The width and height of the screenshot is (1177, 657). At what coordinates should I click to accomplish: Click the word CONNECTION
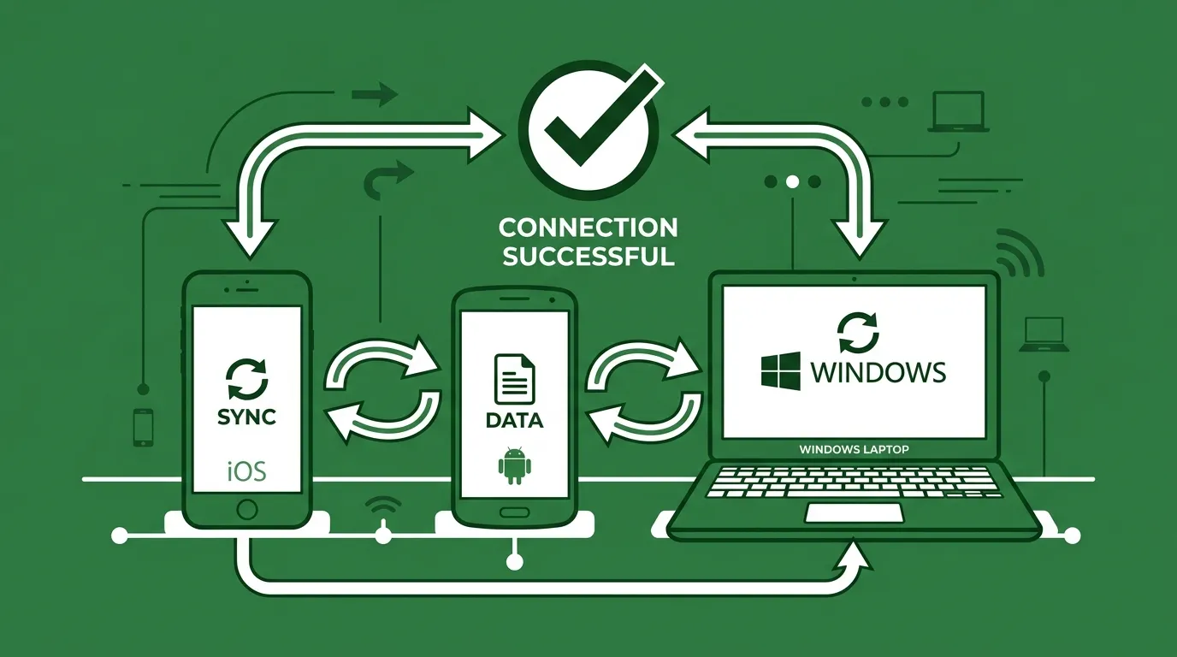pos(588,228)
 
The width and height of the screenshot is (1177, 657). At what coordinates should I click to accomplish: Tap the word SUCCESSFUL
pos(588,257)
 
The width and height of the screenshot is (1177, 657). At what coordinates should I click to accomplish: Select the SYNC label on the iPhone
pos(246,417)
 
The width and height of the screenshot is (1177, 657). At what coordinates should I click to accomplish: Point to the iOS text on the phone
pos(247,471)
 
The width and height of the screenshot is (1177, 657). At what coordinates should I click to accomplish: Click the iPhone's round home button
pos(247,509)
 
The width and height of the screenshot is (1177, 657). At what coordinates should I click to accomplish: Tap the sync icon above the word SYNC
pos(247,379)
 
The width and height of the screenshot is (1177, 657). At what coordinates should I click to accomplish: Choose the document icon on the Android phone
pos(514,379)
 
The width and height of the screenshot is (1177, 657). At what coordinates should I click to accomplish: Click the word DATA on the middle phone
pos(514,421)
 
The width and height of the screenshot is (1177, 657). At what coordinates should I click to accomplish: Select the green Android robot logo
pos(514,465)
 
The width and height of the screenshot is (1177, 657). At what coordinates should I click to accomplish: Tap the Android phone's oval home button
pos(514,512)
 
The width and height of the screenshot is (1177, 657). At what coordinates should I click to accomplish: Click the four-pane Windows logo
pos(781,371)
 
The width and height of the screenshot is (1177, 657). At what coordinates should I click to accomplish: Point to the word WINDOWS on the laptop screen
pos(878,372)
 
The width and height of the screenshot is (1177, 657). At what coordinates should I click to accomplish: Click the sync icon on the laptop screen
pos(858,333)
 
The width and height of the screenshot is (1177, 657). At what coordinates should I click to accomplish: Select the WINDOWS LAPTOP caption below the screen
pos(854,449)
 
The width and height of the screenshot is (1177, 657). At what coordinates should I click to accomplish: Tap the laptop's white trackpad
pos(855,513)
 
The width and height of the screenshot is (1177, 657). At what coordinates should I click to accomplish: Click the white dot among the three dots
pos(792,182)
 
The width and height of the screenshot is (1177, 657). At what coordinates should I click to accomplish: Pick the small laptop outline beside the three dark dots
pos(958,112)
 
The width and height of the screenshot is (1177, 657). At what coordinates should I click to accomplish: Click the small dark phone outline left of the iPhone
pos(144,428)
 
